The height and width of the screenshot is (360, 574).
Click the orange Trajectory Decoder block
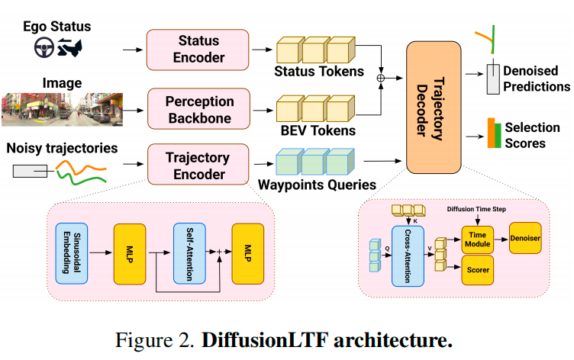(x=434, y=106)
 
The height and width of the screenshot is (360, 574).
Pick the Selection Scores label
(x=532, y=135)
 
